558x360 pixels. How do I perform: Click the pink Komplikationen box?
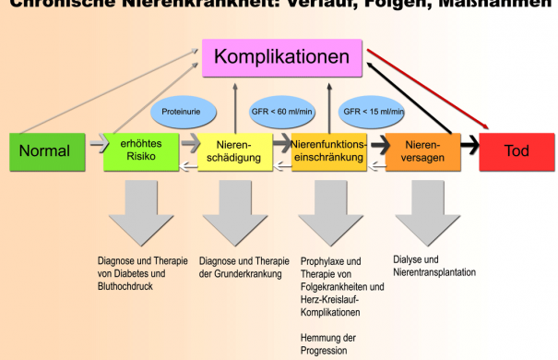click(281, 58)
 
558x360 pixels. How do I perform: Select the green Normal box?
click(44, 151)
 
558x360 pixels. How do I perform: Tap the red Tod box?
click(516, 151)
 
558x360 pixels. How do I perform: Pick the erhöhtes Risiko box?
click(141, 151)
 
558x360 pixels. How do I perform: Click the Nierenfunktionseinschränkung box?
click(328, 151)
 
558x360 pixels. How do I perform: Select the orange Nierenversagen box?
click(422, 151)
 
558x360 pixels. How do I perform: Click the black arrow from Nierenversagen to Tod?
click(468, 146)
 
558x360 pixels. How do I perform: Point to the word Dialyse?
click(408, 259)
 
